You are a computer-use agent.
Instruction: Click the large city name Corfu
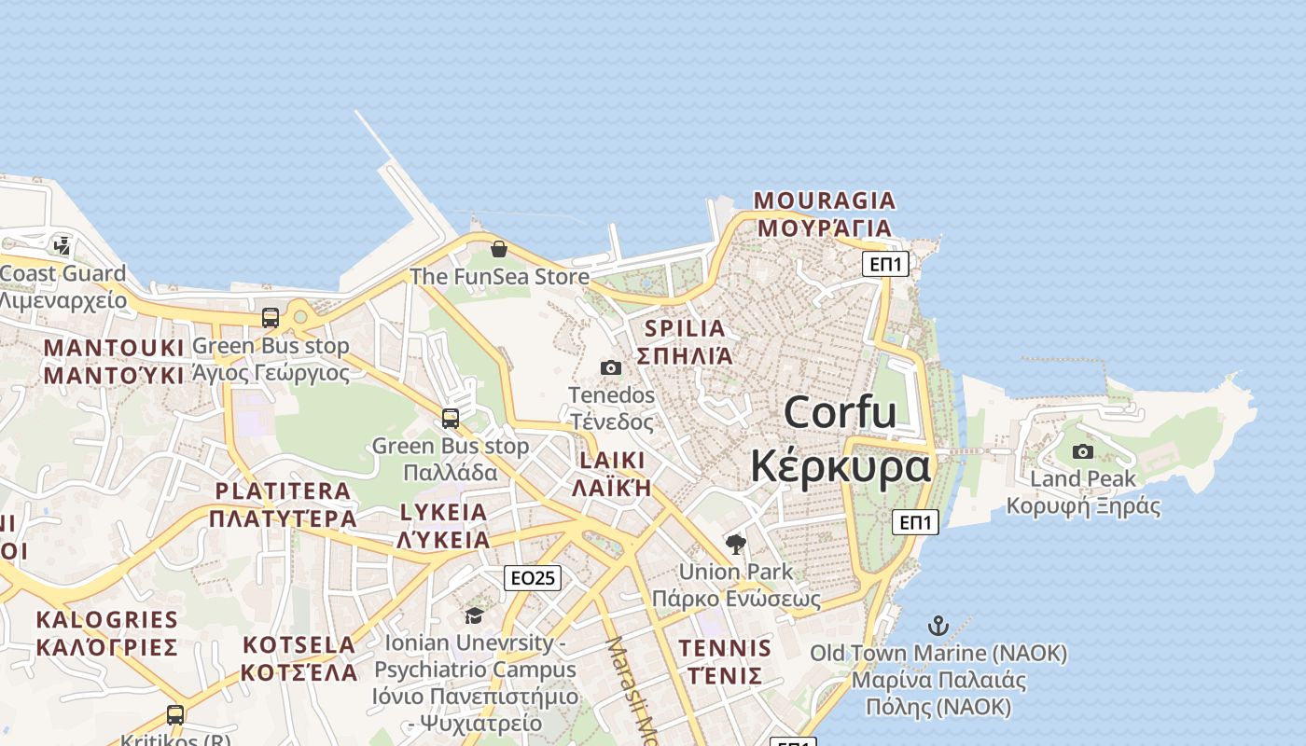tap(840, 412)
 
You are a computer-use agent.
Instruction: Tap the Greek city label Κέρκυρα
tap(840, 465)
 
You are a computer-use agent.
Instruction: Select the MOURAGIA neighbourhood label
tap(824, 200)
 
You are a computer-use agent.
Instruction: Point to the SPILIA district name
tap(685, 328)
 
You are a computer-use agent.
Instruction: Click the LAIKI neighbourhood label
tap(612, 461)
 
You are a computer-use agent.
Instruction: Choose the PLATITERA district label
tap(283, 491)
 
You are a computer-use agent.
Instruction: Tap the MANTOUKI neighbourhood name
tap(114, 348)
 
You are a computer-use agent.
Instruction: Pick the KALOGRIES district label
tap(106, 619)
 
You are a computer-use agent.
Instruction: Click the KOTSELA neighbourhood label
tap(299, 644)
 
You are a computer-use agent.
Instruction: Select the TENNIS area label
tap(725, 648)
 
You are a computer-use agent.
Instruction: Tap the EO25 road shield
tap(533, 578)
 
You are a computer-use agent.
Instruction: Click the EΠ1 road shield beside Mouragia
tap(884, 264)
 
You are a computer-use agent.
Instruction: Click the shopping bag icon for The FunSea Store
tap(499, 249)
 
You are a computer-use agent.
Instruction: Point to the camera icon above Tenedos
tap(611, 367)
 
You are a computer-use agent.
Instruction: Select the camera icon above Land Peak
tap(1083, 451)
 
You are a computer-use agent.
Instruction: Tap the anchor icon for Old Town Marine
tap(938, 626)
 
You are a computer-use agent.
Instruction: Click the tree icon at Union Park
tap(736, 544)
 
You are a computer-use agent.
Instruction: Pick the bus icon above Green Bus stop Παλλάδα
tap(451, 419)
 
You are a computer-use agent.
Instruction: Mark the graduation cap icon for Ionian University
tap(475, 615)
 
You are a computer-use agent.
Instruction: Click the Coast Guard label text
tap(63, 274)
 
